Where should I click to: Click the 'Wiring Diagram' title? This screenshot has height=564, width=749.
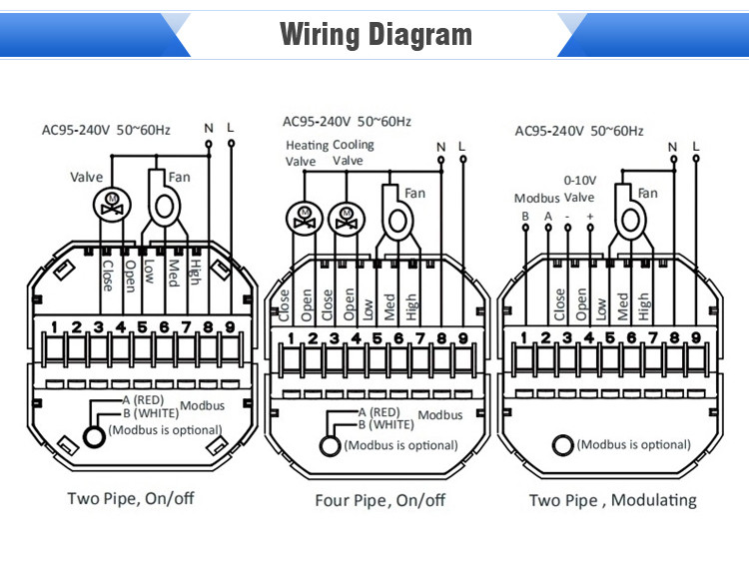(374, 34)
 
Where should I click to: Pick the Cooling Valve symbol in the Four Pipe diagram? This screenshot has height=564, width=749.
(346, 217)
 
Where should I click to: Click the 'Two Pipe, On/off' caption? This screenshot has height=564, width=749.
(130, 498)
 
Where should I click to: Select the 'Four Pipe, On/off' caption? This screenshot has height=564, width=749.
(379, 500)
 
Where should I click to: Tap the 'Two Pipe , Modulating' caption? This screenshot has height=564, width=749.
(612, 500)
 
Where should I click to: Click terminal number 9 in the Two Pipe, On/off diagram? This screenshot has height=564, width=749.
(230, 326)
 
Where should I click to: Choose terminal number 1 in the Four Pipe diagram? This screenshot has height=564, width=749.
(292, 338)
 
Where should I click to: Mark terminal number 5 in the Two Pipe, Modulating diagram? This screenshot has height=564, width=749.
(611, 338)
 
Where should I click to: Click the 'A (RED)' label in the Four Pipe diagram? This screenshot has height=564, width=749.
(378, 411)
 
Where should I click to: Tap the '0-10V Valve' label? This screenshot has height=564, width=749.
(580, 188)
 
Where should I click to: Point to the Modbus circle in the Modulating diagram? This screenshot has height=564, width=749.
(563, 445)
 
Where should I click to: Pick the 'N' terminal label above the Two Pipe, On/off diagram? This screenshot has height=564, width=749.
(209, 127)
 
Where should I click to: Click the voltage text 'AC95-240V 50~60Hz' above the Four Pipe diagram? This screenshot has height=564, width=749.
(347, 122)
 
